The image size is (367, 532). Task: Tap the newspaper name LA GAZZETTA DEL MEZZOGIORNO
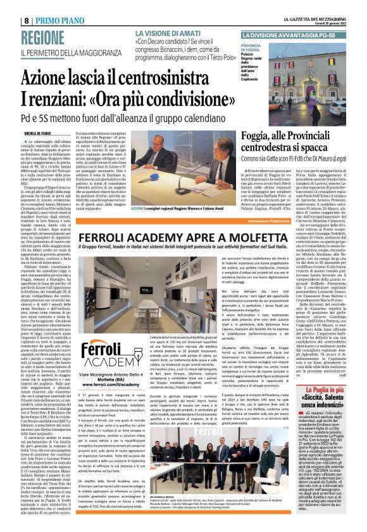pyautogui.click(x=309, y=5)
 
